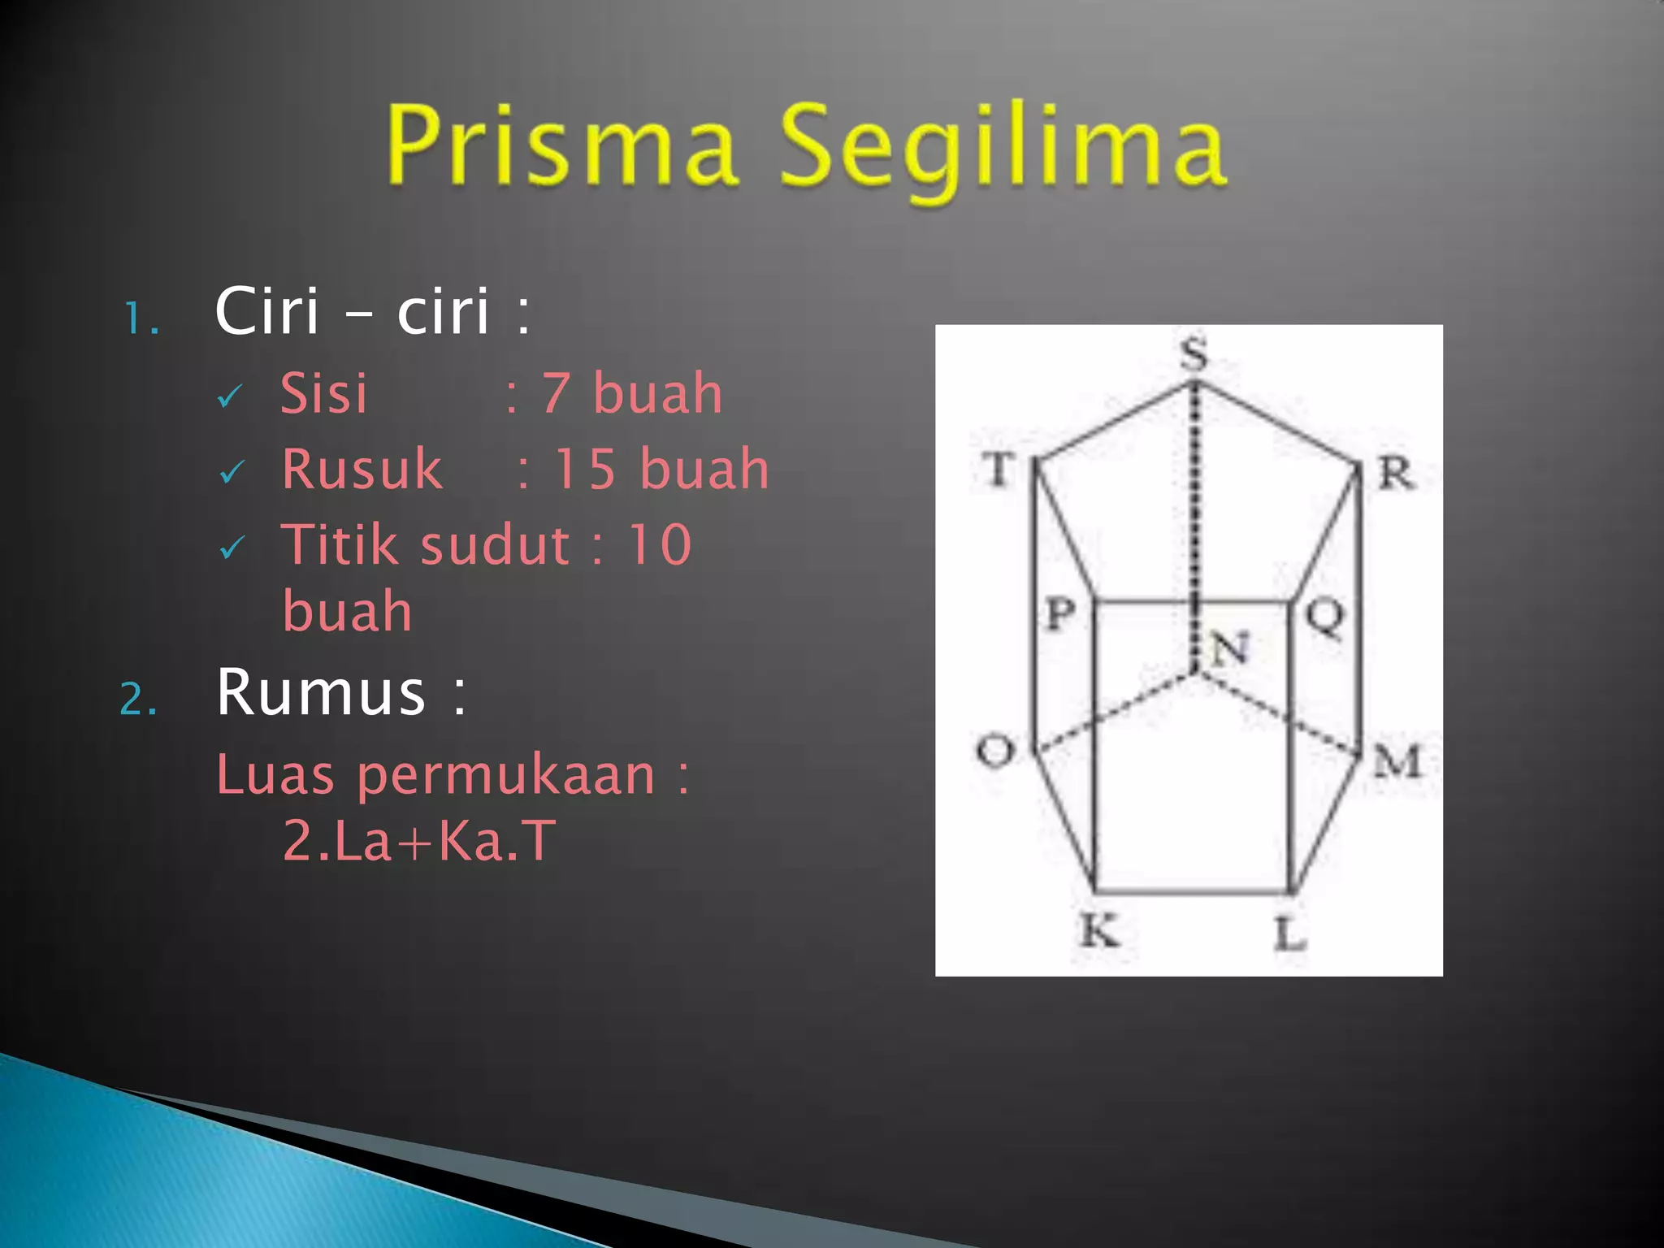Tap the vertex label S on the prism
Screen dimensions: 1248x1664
(1194, 353)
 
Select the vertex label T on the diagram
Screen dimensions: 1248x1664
(999, 469)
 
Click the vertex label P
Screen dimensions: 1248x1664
(1060, 613)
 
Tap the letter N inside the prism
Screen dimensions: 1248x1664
(1229, 648)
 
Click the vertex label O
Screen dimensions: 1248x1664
(995, 749)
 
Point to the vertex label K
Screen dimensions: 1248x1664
(1100, 929)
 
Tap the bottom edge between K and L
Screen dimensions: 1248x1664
(1193, 891)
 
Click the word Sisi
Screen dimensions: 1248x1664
(323, 393)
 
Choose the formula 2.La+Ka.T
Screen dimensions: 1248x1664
(419, 840)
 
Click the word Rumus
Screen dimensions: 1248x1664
(321, 692)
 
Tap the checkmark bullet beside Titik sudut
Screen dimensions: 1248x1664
(232, 548)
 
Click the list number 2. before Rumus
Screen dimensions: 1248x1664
(138, 699)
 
